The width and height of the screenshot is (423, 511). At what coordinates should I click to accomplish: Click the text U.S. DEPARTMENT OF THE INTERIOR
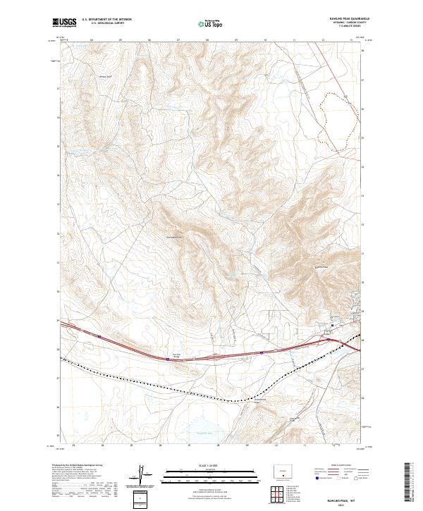point(105,20)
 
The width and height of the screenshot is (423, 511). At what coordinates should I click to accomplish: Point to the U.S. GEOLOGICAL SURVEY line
point(105,23)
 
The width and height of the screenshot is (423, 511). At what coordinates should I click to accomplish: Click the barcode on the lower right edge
point(410,484)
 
